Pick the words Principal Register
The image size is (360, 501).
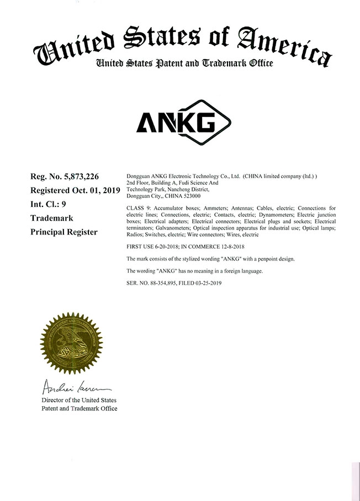click(63, 232)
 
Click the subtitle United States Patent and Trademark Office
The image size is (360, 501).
click(184, 63)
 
